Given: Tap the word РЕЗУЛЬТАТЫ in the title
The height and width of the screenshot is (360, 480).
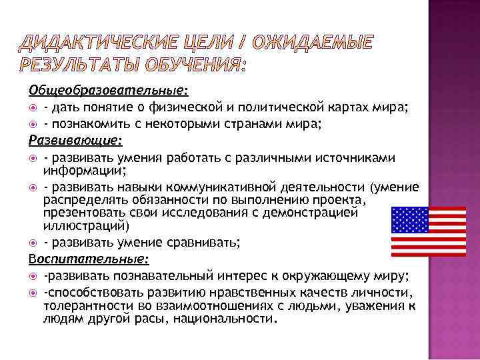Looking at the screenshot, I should point(81,67).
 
